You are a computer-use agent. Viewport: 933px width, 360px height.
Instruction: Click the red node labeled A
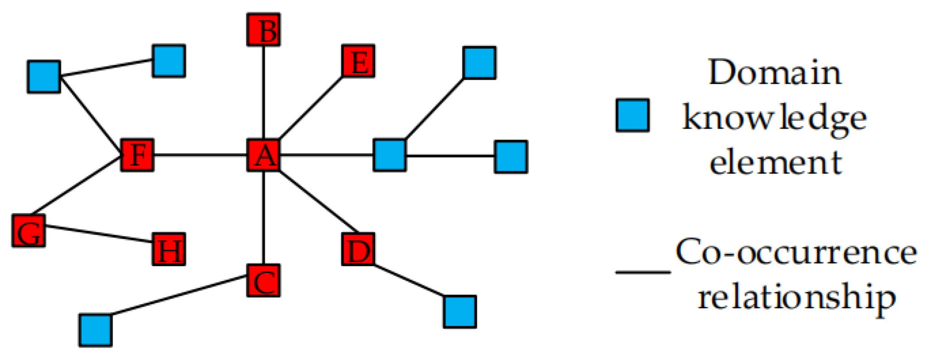(264, 156)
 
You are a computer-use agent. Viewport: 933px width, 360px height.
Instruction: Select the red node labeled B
(264, 30)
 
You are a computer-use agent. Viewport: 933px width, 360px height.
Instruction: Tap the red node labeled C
(264, 281)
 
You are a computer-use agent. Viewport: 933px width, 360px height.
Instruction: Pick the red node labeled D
(358, 250)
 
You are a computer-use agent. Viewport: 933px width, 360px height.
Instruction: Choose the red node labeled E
(358, 61)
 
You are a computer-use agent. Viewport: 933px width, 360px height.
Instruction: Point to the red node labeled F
(137, 155)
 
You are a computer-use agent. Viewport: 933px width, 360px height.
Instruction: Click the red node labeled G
(29, 231)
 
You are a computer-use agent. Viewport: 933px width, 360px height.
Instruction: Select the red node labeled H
(169, 250)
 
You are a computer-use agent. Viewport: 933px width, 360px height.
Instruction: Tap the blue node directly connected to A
(390, 155)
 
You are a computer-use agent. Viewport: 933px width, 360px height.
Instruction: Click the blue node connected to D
(460, 312)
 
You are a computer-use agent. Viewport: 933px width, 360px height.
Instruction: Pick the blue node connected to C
(96, 331)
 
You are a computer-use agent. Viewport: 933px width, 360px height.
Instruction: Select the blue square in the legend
(633, 115)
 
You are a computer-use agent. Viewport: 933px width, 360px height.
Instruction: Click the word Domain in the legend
(775, 72)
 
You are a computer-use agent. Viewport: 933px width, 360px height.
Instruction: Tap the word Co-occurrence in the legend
(796, 252)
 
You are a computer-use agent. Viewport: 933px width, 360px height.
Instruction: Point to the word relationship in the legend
(796, 297)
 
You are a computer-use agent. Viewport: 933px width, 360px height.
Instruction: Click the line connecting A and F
(200, 156)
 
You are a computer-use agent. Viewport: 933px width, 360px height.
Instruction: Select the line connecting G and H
(98, 234)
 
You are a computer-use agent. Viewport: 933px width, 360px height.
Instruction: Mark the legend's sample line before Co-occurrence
(643, 273)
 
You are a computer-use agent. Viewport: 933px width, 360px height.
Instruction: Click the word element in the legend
(775, 162)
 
